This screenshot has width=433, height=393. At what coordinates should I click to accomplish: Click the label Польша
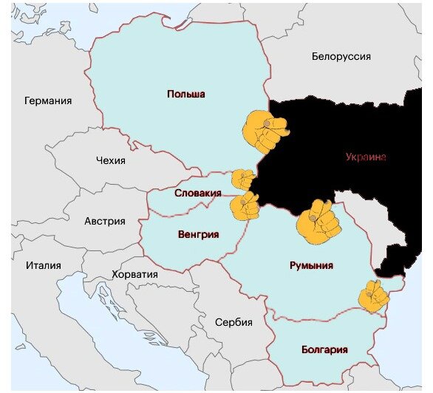[185, 94]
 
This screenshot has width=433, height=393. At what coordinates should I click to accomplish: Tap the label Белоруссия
[341, 56]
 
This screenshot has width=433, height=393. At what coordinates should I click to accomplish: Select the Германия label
[47, 100]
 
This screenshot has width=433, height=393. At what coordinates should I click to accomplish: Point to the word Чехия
[111, 160]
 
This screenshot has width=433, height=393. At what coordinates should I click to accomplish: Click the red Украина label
[366, 157]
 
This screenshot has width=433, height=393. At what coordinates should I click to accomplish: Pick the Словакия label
[197, 193]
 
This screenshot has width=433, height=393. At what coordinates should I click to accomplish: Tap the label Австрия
[104, 221]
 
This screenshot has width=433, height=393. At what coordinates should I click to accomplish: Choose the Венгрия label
[198, 235]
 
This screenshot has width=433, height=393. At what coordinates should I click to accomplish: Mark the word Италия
[44, 265]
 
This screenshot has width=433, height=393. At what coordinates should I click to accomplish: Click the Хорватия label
[134, 274]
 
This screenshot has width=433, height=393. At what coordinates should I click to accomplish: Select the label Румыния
[311, 265]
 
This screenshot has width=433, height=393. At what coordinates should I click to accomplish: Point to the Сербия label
[233, 322]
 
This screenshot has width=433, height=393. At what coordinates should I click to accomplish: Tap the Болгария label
[324, 349]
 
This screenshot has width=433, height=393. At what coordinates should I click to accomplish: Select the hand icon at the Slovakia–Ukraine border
[242, 179]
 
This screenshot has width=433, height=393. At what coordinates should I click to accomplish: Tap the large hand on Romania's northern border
[318, 222]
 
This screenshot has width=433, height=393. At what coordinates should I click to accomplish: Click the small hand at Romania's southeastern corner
[373, 295]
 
